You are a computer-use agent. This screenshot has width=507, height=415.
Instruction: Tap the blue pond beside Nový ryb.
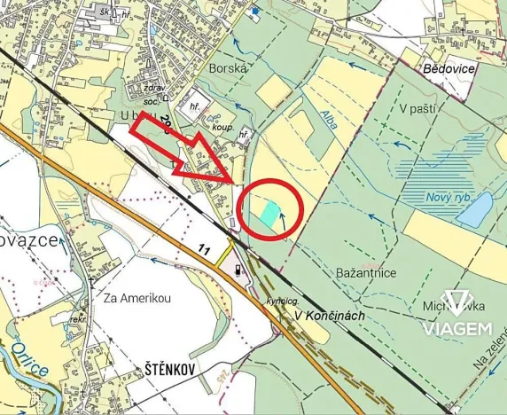pos(475,210)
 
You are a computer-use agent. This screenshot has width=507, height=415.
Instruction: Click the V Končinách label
pos(329,315)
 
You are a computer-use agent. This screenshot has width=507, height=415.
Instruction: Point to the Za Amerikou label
pos(135,298)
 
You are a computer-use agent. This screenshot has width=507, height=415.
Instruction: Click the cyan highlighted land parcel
pos(265,212)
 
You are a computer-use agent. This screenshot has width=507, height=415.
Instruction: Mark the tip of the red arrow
pos(234,184)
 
